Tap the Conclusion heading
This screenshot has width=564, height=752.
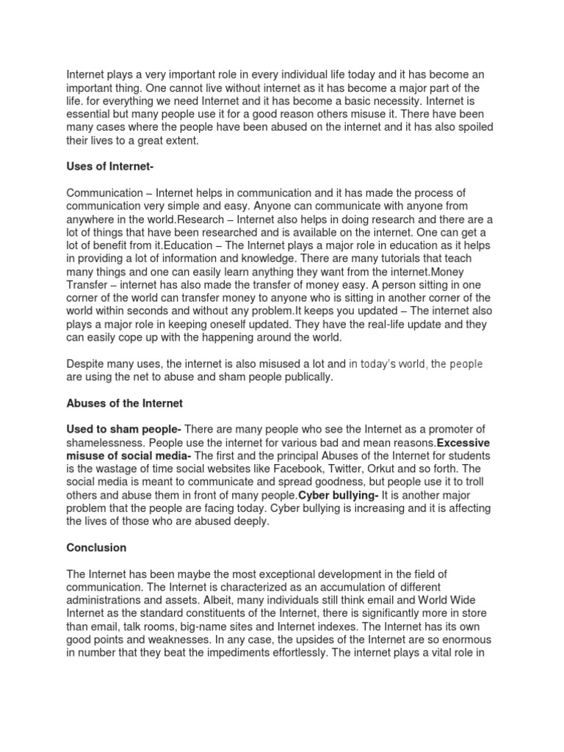[96, 547]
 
